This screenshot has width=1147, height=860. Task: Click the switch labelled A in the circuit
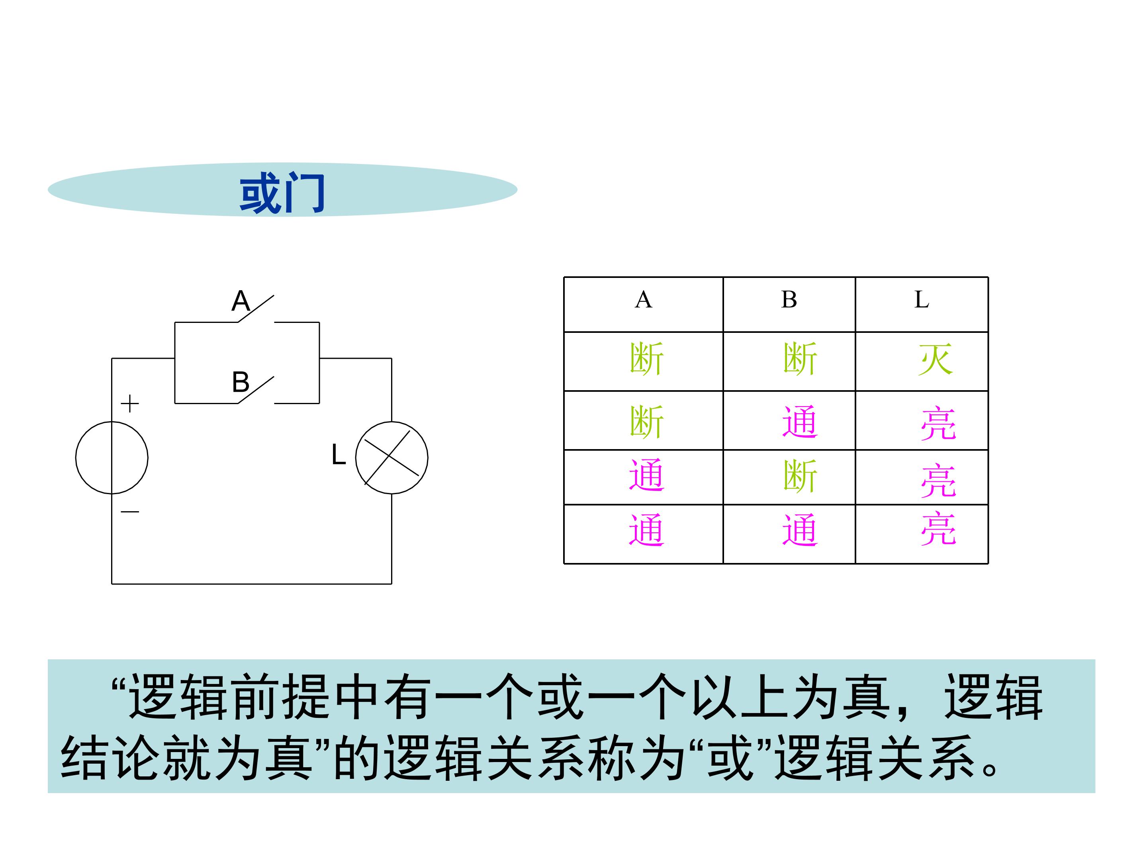click(256, 309)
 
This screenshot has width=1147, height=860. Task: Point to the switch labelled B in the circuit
click(256, 390)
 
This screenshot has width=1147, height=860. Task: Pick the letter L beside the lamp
click(338, 455)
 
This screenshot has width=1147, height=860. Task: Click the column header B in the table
click(789, 300)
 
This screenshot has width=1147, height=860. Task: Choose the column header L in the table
click(922, 300)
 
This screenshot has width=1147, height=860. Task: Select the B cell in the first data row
click(800, 359)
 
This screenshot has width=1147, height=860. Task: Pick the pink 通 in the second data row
click(800, 422)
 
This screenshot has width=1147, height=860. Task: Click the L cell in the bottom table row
click(938, 528)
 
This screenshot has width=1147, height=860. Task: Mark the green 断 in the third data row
click(800, 476)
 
